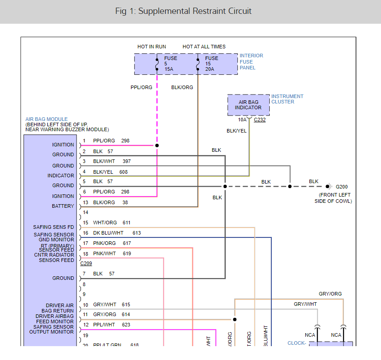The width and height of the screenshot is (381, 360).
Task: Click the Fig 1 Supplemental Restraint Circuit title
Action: click(x=183, y=11)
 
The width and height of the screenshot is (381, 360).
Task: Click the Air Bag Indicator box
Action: click(x=248, y=105)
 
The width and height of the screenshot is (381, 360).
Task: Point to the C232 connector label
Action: click(x=259, y=120)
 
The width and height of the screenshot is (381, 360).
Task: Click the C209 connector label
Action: click(x=86, y=263)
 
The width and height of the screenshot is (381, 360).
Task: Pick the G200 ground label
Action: click(x=341, y=186)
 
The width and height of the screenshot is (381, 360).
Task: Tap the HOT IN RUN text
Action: click(x=152, y=47)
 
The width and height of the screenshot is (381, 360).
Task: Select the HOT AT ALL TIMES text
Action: click(x=204, y=47)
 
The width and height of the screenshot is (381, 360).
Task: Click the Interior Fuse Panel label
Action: click(x=251, y=62)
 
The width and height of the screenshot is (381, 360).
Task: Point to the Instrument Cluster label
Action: click(x=287, y=99)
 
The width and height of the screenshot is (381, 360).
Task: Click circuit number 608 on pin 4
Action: click(x=124, y=172)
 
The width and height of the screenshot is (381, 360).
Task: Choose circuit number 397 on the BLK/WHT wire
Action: click(x=126, y=161)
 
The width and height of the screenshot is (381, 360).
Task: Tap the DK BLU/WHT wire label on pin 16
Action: click(x=108, y=233)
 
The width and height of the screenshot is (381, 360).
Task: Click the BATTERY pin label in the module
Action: click(x=63, y=206)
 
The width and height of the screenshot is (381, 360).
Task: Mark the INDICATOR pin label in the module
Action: click(x=61, y=176)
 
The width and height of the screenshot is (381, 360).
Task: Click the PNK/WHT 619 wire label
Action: click(x=111, y=253)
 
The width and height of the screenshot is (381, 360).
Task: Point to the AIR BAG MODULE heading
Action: click(x=47, y=119)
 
